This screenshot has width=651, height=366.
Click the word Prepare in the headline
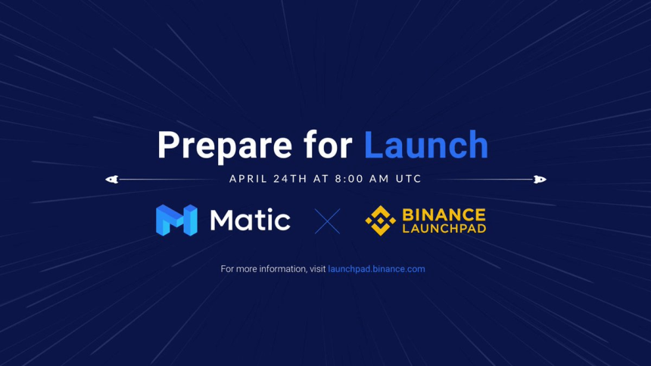click(223, 145)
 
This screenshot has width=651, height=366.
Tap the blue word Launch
click(426, 144)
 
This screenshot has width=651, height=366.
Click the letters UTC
click(406, 180)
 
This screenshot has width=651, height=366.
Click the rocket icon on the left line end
click(111, 180)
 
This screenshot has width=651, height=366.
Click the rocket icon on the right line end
click(540, 180)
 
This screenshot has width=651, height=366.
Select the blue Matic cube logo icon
click(176, 221)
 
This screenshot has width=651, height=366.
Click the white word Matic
click(250, 221)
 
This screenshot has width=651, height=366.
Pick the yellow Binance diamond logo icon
click(380, 221)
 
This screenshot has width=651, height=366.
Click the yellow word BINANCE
click(444, 214)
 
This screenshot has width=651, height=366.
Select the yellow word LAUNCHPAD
click(444, 228)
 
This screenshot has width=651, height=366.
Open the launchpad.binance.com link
click(376, 269)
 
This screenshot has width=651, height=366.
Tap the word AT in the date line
click(321, 180)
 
